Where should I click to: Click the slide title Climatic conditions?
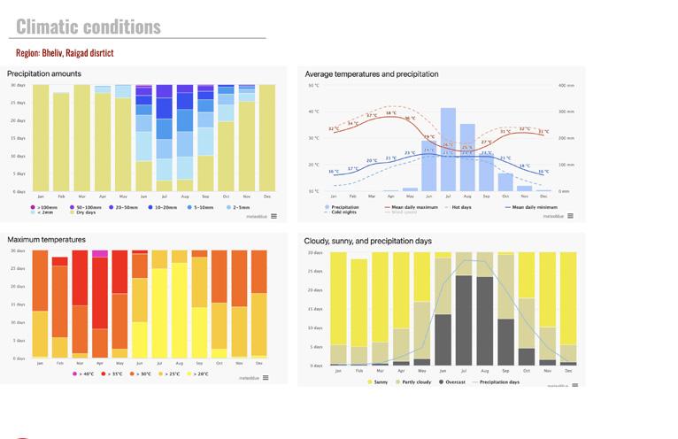click(89, 27)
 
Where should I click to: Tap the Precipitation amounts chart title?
click(44, 73)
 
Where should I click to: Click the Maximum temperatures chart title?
click(46, 240)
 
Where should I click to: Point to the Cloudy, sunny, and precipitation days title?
click(367, 241)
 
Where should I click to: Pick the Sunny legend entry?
click(380, 381)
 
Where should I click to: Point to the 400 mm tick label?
click(566, 85)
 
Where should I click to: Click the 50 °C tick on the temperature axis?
click(312, 85)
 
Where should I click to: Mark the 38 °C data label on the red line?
click(390, 113)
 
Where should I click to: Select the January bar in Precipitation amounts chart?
click(41, 137)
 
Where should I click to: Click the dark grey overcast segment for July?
click(464, 320)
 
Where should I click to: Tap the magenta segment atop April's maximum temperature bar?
click(99, 254)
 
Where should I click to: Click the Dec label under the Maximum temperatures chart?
click(259, 364)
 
